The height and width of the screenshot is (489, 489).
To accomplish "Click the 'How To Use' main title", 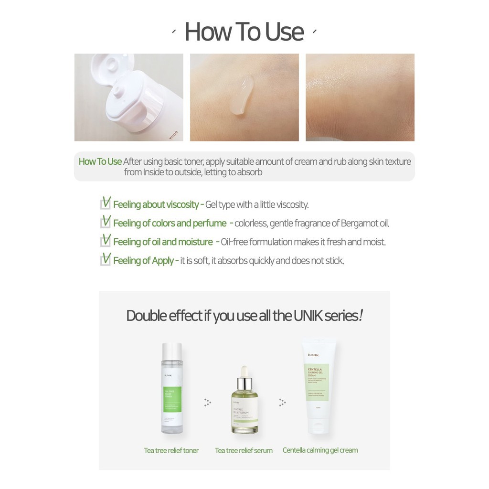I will coord(244,32).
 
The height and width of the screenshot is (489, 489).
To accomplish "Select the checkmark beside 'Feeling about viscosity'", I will coord(106,203).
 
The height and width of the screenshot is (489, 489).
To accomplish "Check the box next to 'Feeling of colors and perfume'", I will coord(106,222).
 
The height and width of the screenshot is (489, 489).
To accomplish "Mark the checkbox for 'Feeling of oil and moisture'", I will coord(106,241).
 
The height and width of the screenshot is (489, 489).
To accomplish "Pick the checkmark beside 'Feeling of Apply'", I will coord(106,259).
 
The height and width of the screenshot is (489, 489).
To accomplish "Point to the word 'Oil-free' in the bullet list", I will coord(234,242).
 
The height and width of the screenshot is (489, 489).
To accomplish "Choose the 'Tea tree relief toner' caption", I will coord(171,450).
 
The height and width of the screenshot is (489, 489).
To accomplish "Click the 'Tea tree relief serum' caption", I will coord(244,450).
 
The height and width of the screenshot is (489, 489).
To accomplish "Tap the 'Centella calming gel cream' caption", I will coord(320,450).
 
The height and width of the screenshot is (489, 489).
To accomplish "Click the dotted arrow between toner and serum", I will coord(207,402).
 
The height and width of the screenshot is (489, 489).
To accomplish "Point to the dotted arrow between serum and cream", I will coord(282,402).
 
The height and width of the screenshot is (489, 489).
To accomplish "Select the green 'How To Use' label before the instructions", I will coord(100,161).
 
